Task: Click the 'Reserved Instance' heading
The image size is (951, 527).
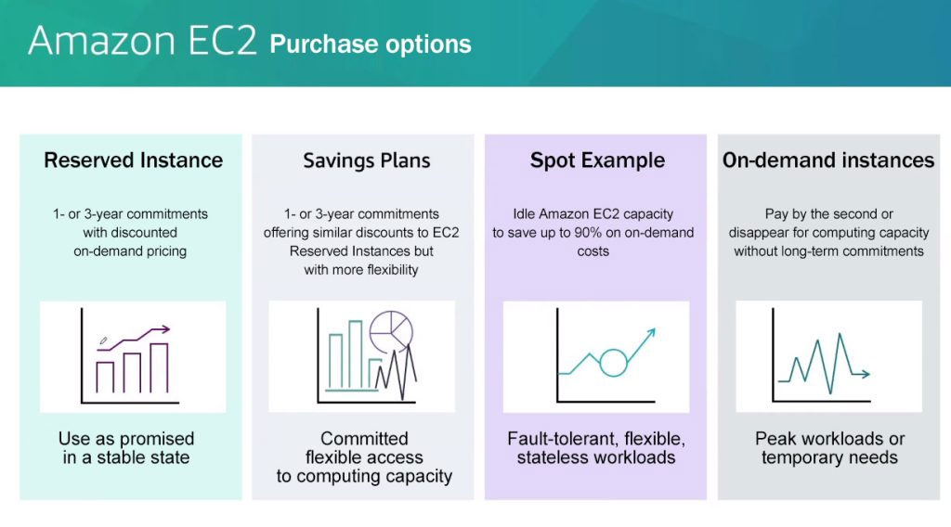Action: [x=134, y=160]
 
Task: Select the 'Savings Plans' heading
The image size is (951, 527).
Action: [x=366, y=160]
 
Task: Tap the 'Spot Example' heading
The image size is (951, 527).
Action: [x=597, y=160]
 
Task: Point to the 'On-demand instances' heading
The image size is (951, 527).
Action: [x=828, y=160]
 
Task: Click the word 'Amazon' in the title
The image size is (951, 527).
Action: [x=102, y=41]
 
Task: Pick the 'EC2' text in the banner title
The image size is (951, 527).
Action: [x=223, y=41]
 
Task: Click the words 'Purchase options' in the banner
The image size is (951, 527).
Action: [x=371, y=45]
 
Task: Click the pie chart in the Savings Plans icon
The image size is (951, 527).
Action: [x=391, y=331]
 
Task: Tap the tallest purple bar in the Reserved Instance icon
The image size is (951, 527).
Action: [x=159, y=368]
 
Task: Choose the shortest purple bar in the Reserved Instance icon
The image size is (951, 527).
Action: [x=105, y=378]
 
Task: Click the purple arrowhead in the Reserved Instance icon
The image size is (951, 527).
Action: [x=165, y=329]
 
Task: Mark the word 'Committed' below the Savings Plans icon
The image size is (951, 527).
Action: [x=364, y=439]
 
